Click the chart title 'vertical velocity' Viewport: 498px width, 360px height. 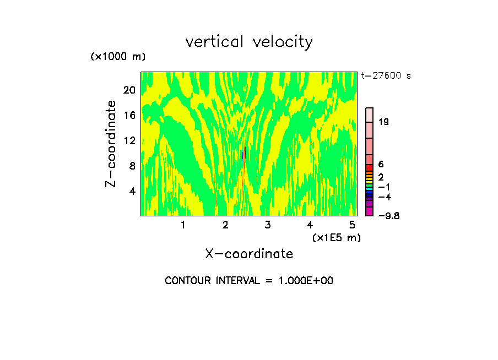pyautogui.click(x=249, y=42)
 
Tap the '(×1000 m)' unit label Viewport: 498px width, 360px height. pyautogui.click(x=117, y=57)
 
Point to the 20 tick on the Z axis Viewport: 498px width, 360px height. pyautogui.click(x=128, y=90)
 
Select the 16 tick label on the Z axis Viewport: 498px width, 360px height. pyautogui.click(x=128, y=115)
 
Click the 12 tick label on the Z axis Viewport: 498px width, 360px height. pyautogui.click(x=128, y=140)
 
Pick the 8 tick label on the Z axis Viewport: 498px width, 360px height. pyautogui.click(x=132, y=166)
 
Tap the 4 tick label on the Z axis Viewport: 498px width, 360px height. pyautogui.click(x=132, y=191)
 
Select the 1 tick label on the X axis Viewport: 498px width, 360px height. pyautogui.click(x=183, y=225)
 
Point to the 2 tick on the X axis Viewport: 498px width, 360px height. pyautogui.click(x=225, y=225)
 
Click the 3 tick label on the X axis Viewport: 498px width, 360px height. pyautogui.click(x=268, y=225)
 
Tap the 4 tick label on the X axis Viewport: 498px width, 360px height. pyautogui.click(x=310, y=225)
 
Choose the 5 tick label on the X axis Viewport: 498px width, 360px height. pyautogui.click(x=352, y=225)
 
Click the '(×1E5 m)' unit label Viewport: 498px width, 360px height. pyautogui.click(x=336, y=237)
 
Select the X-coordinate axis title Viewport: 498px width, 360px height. pyautogui.click(x=249, y=254)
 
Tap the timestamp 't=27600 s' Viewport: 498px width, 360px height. pyautogui.click(x=386, y=76)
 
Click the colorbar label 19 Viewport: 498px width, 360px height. pyautogui.click(x=384, y=122)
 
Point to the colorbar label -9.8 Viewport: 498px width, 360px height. pyautogui.click(x=388, y=216)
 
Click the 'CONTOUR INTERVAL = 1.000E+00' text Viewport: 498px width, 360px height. pyautogui.click(x=249, y=281)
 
